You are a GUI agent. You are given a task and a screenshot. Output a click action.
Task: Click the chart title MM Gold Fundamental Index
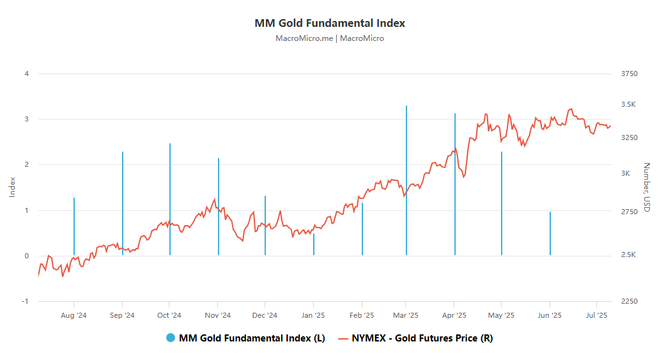(330, 23)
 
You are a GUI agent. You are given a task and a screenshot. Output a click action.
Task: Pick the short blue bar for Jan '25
(314, 245)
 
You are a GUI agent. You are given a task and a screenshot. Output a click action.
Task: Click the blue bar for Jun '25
(550, 233)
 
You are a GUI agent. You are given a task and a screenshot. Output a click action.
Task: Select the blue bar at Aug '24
(74, 226)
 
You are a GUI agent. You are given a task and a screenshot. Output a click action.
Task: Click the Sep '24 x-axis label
(121, 315)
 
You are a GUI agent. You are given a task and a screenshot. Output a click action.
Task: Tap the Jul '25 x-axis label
(597, 315)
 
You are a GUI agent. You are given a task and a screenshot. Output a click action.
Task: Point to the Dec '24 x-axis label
(265, 315)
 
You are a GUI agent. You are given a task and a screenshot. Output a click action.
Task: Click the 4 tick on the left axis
(27, 74)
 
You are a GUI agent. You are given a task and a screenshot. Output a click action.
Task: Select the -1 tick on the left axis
(26, 301)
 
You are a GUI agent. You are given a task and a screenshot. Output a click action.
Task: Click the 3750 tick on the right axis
(629, 74)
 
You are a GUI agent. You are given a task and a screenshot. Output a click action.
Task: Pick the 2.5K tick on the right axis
(629, 255)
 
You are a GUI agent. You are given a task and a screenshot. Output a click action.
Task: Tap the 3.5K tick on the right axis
(629, 104)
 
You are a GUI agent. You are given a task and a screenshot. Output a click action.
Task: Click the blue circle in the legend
(171, 338)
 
